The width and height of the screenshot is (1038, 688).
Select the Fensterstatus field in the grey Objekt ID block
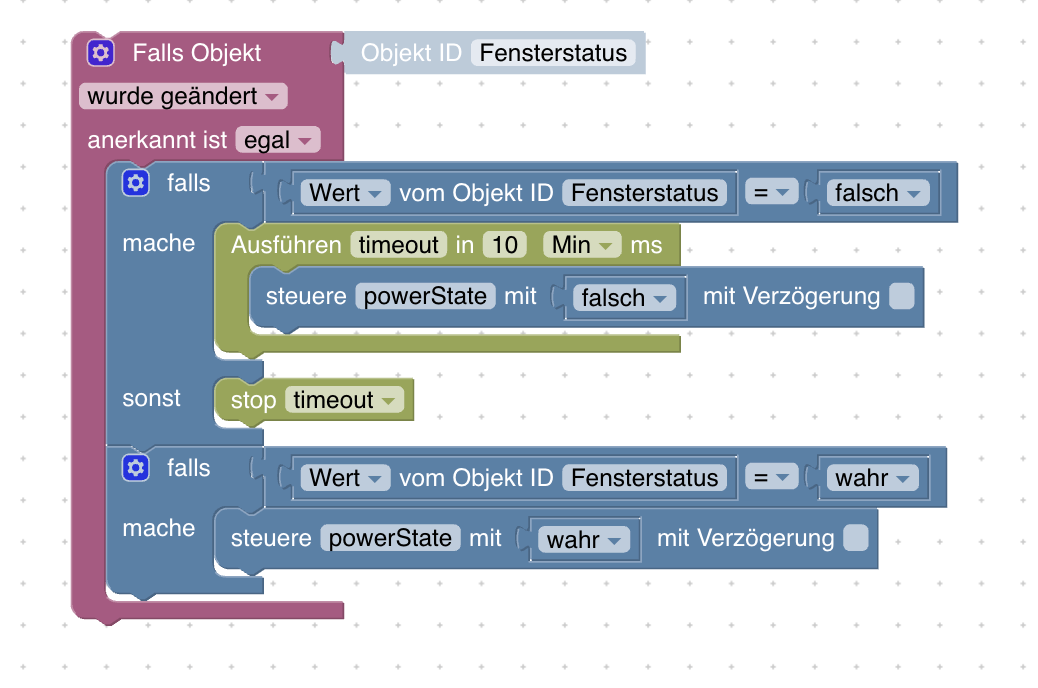click(x=553, y=53)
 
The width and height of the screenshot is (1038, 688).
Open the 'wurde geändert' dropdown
click(x=183, y=97)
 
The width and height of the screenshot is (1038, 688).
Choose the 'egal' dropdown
click(x=278, y=141)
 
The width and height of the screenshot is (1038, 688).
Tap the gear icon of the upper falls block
click(x=135, y=183)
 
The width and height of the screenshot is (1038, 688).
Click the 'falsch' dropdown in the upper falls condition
click(x=878, y=193)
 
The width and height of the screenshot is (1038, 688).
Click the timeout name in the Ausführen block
click(x=399, y=245)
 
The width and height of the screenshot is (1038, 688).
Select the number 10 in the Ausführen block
click(x=505, y=245)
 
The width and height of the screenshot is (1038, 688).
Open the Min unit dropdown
click(x=582, y=245)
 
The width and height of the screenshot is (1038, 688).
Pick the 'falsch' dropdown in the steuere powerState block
click(x=625, y=298)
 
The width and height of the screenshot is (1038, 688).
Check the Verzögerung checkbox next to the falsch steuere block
click(x=901, y=296)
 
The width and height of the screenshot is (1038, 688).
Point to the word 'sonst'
click(x=152, y=398)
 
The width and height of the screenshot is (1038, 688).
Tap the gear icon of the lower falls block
click(x=135, y=468)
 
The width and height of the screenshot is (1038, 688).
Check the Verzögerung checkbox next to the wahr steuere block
click(x=856, y=538)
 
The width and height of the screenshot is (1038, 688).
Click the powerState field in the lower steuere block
click(x=391, y=538)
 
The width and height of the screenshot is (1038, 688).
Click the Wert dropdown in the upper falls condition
click(x=345, y=193)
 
